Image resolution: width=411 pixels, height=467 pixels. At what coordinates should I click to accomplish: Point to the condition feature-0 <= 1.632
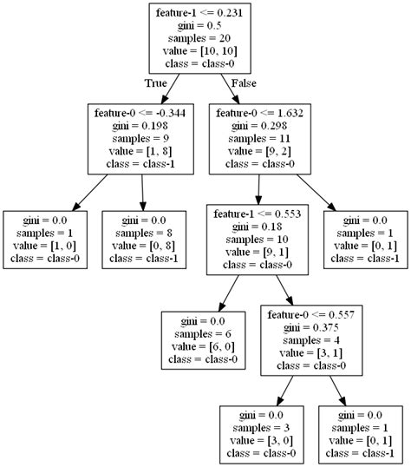coord(259,113)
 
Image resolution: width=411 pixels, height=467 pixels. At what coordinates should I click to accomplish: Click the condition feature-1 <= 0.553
coord(259,212)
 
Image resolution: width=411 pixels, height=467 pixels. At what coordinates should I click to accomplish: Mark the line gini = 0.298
coord(259,126)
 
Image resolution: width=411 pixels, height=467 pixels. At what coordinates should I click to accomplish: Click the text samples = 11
coord(259,139)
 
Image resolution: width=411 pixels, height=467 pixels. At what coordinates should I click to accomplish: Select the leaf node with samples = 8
coord(141,239)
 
